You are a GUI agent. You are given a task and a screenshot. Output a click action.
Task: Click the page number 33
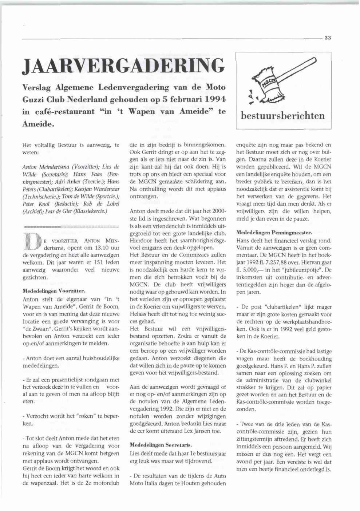point(328,38)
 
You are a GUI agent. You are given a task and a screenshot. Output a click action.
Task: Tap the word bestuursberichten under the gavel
point(284,116)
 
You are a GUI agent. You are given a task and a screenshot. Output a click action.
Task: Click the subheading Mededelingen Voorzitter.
point(54,291)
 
